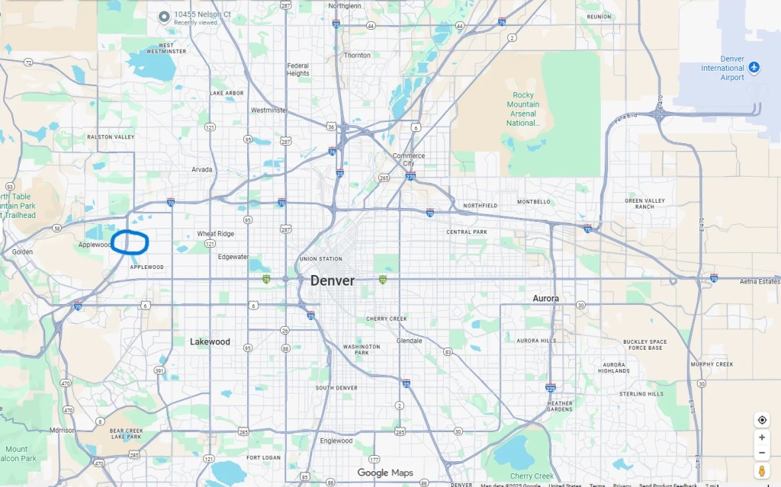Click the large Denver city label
coord(332,280)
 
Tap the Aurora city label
coord(545,299)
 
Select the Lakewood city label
coord(210,342)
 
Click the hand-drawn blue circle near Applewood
coord(130,241)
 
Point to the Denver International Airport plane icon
coord(754,68)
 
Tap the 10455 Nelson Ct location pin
coord(164,17)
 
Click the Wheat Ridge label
coord(216,234)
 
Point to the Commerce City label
coord(409,159)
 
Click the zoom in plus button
coord(762,438)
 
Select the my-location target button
coord(762,420)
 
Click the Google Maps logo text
coord(385,473)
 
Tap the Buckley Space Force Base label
coord(644,344)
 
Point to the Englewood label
coord(336,441)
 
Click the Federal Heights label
coord(298,69)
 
